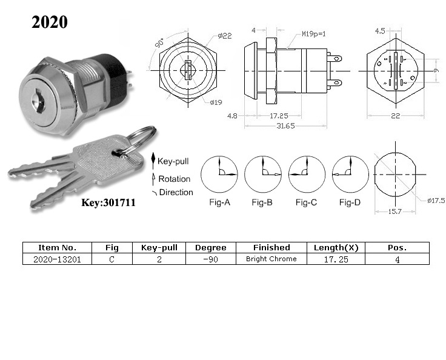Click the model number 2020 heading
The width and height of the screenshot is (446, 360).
coord(50,22)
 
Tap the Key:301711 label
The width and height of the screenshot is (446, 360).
coord(108,202)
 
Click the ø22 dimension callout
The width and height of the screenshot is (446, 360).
coord(225,36)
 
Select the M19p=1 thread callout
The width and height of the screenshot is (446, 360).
coord(314,34)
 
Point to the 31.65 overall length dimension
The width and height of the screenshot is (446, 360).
coord(285,126)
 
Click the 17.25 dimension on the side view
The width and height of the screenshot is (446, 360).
coord(279,116)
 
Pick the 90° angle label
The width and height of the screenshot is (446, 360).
coord(159,42)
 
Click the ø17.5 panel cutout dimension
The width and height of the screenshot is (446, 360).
coord(436,201)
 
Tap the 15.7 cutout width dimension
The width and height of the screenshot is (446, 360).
coord(395,212)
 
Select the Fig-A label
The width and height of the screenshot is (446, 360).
coord(219,202)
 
